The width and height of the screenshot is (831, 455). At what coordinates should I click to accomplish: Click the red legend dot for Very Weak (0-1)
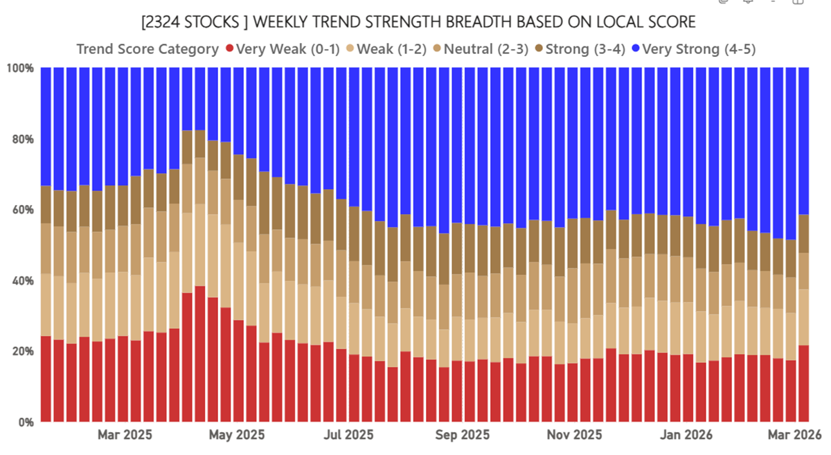pos(229,49)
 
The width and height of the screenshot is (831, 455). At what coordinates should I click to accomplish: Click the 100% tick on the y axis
pos(21,68)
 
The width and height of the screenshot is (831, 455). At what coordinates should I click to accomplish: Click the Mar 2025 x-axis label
pos(125,435)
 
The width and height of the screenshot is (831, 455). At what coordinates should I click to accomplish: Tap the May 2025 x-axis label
pos(236,435)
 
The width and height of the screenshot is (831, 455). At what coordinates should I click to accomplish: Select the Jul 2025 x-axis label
pos(349,435)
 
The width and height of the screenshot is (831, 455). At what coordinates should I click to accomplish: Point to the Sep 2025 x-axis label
pos(462,435)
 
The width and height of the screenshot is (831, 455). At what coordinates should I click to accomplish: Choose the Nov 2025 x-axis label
pos(574,435)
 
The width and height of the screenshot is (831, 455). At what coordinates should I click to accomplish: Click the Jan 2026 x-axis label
pos(686,435)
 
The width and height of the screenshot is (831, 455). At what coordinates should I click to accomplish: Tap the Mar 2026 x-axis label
pos(794,435)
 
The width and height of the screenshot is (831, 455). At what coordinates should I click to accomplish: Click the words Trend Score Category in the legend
pos(148,49)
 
